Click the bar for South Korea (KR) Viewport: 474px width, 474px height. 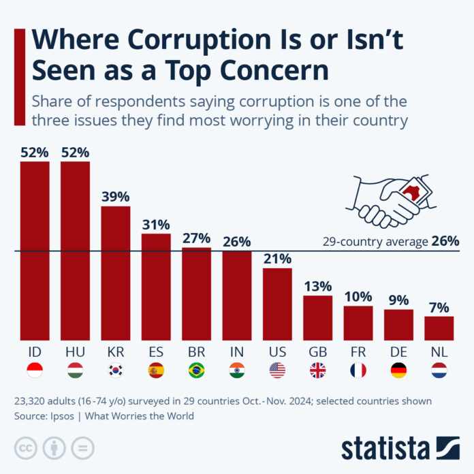(x=116, y=272)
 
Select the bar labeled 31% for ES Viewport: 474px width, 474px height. (x=156, y=286)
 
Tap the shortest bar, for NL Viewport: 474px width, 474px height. (x=439, y=328)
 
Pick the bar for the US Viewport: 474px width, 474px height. (x=277, y=303)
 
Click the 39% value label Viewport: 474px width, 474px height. (x=116, y=197)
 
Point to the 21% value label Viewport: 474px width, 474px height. (x=277, y=259)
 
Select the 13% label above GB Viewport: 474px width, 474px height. (x=317, y=286)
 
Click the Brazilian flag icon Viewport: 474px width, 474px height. (x=196, y=370)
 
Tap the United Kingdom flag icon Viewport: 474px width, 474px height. (x=317, y=370)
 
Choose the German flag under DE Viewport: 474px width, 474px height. (x=398, y=370)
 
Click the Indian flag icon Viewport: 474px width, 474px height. (x=237, y=370)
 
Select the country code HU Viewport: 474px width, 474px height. (x=75, y=352)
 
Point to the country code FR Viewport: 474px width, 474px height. (x=358, y=352)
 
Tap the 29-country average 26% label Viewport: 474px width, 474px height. (x=391, y=241)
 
